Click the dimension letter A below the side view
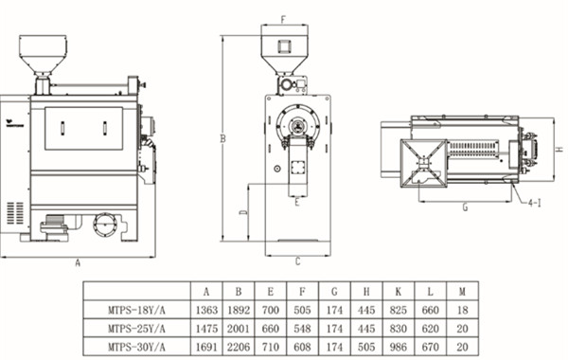78,262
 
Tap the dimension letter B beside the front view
223,138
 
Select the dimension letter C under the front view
298,261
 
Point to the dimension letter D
244,212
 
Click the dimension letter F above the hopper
284,19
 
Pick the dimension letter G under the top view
466,207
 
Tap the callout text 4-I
535,203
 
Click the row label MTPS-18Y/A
136,311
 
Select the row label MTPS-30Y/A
136,347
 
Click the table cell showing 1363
206,311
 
